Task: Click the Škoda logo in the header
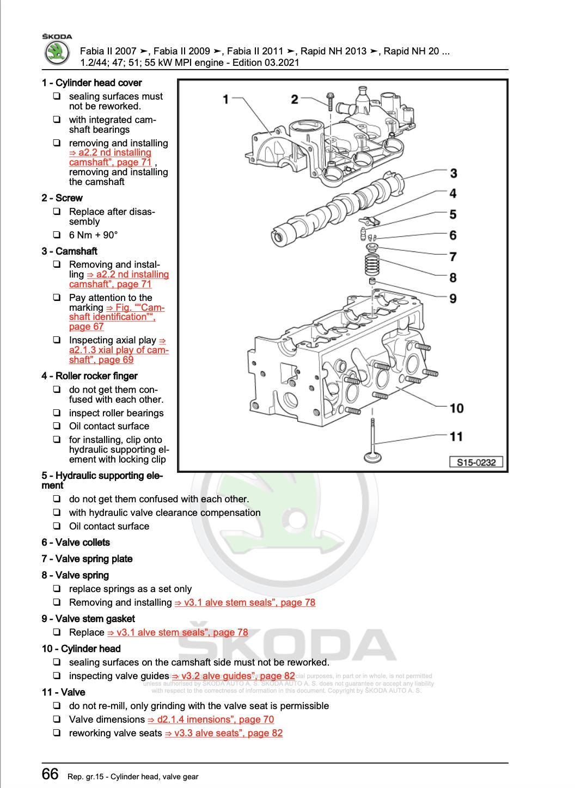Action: (x=57, y=53)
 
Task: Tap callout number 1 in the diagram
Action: (x=226, y=99)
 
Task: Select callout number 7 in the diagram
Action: (x=452, y=256)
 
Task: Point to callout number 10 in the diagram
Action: (x=456, y=408)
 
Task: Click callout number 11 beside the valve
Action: (x=456, y=436)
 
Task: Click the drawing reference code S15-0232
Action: (x=476, y=463)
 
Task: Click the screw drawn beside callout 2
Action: (x=330, y=101)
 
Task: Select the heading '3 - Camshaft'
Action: (x=69, y=251)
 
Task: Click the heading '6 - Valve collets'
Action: (x=76, y=543)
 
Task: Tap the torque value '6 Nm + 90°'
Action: (x=93, y=235)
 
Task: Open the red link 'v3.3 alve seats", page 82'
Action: (x=224, y=733)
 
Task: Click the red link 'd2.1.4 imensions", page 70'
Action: (x=211, y=719)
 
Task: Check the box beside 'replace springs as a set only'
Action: (x=57, y=589)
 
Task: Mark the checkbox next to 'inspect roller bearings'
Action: (x=57, y=413)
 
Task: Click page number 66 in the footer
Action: (x=50, y=774)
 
